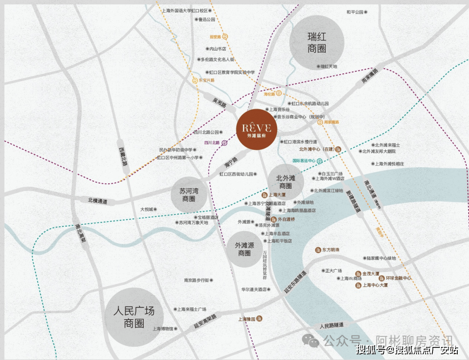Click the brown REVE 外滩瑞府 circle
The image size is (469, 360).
[x=257, y=129]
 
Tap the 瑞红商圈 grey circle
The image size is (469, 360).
[x=317, y=43]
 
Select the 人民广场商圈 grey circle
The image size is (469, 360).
[x=134, y=317]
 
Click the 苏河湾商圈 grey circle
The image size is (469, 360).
[x=189, y=195]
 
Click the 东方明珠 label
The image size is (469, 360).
[x=330, y=250]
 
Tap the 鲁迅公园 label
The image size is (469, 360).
[x=207, y=20]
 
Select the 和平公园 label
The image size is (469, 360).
[x=355, y=12]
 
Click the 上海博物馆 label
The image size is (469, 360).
[x=163, y=329]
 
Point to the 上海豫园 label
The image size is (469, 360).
[x=247, y=319]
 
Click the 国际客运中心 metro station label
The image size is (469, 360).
[x=304, y=161]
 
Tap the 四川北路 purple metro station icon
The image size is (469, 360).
[x=224, y=142]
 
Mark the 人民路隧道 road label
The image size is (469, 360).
[x=331, y=325]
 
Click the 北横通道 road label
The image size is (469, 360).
[x=98, y=201]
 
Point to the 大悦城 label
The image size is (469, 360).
[x=146, y=209]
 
